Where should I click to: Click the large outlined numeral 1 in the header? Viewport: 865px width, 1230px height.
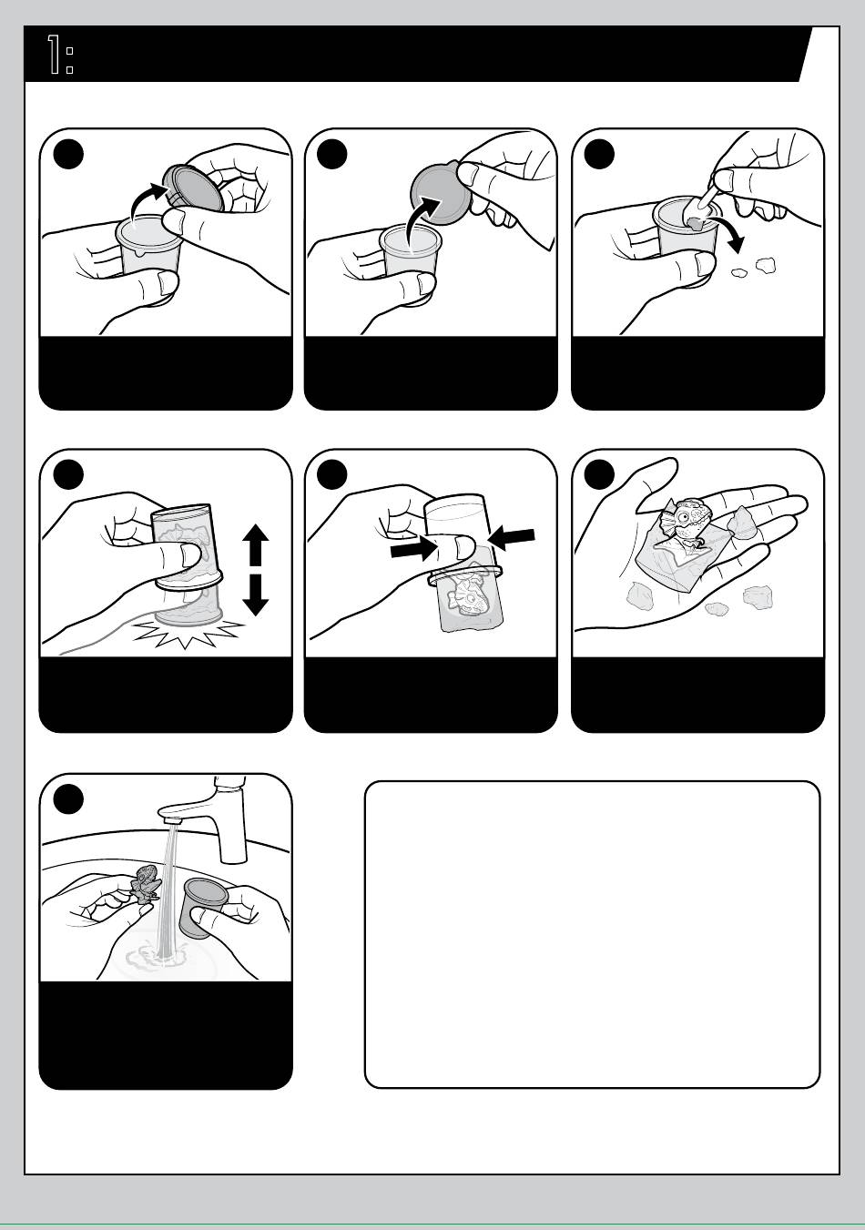tap(54, 54)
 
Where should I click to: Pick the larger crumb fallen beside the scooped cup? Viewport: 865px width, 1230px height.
tap(765, 266)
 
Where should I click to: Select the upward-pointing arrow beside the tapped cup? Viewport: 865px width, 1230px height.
tap(255, 545)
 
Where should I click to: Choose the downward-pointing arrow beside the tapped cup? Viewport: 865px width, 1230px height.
tap(255, 595)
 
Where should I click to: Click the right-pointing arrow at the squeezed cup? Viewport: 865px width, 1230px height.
tap(412, 551)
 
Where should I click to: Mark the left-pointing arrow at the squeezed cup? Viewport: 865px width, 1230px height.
tap(511, 537)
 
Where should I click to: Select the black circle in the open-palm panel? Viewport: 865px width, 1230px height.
tap(599, 475)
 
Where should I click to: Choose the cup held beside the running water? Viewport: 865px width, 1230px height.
tap(203, 907)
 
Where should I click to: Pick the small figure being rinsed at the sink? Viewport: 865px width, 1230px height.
tap(145, 883)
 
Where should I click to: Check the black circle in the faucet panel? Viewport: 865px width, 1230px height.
tap(68, 799)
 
